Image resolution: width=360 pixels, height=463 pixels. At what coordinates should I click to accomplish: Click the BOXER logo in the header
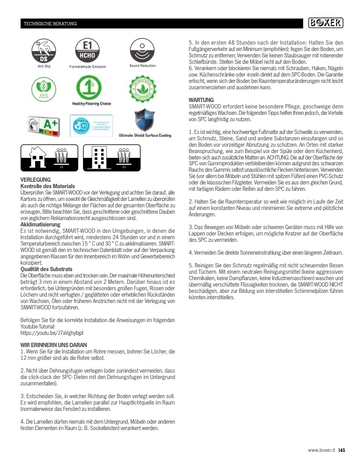[x=326, y=23]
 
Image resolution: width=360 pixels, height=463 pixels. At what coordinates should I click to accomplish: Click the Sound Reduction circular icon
[x=143, y=50]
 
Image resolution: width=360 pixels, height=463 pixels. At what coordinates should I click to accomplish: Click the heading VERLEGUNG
[x=35, y=180]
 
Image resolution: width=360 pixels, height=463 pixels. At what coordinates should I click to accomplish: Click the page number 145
[x=342, y=450]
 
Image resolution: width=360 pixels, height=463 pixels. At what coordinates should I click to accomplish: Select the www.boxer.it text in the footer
[x=322, y=450]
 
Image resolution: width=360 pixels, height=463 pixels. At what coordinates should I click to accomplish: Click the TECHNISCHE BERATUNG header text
[x=50, y=24]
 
